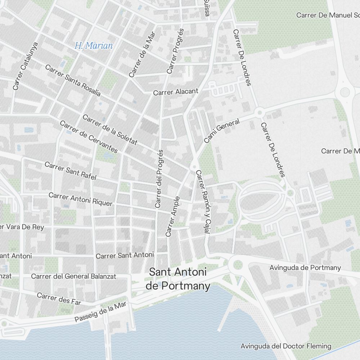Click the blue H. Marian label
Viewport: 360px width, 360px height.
pyautogui.click(x=94, y=46)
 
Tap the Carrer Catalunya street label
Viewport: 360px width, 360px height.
pyautogui.click(x=25, y=66)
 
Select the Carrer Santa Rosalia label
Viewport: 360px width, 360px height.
pyautogui.click(x=73, y=80)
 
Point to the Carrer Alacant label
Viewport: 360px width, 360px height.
pyautogui.click(x=176, y=92)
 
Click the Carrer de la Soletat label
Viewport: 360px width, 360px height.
pyautogui.click(x=110, y=130)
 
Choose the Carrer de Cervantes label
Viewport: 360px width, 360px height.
pyautogui.click(x=89, y=137)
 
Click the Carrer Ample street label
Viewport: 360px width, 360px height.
pyautogui.click(x=172, y=216)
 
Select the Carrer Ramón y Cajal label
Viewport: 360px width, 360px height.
pyautogui.click(x=203, y=201)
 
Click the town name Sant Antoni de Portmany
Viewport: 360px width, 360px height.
pyautogui.click(x=178, y=279)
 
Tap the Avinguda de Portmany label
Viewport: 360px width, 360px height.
pyautogui.click(x=305, y=267)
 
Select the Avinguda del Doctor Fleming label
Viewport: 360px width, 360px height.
pyautogui.click(x=286, y=346)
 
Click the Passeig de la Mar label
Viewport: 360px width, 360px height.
pyautogui.click(x=101, y=312)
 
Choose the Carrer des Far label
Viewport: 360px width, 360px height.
pyautogui.click(x=59, y=299)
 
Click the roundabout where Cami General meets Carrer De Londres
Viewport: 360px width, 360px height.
pyautogui.click(x=259, y=113)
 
